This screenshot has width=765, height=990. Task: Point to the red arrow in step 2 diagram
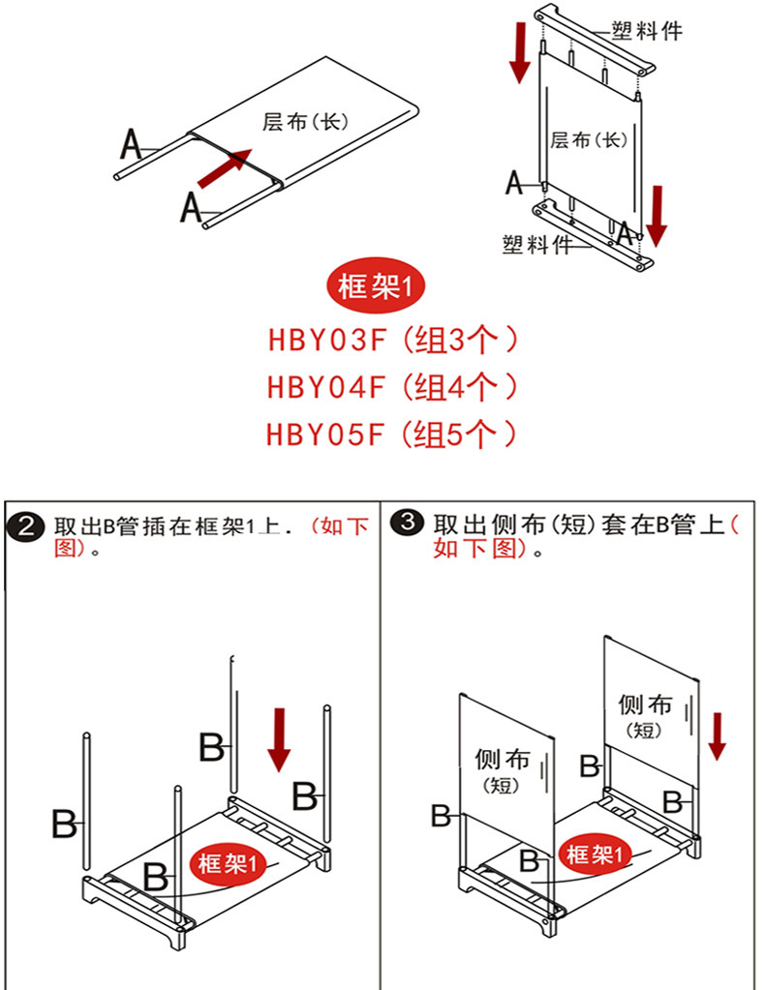click(x=281, y=740)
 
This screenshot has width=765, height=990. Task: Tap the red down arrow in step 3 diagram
click(x=717, y=735)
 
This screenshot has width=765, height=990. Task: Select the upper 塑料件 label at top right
click(x=646, y=31)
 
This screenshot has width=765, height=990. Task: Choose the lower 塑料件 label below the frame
click(x=537, y=244)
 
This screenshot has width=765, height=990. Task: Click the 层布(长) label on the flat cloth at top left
click(x=304, y=122)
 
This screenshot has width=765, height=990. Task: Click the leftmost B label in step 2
click(x=64, y=825)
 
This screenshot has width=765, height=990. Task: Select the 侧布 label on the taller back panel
click(x=645, y=705)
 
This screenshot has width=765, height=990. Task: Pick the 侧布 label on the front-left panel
click(x=502, y=759)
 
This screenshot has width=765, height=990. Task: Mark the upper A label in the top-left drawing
click(x=132, y=145)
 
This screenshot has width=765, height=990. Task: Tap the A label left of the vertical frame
click(x=514, y=181)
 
